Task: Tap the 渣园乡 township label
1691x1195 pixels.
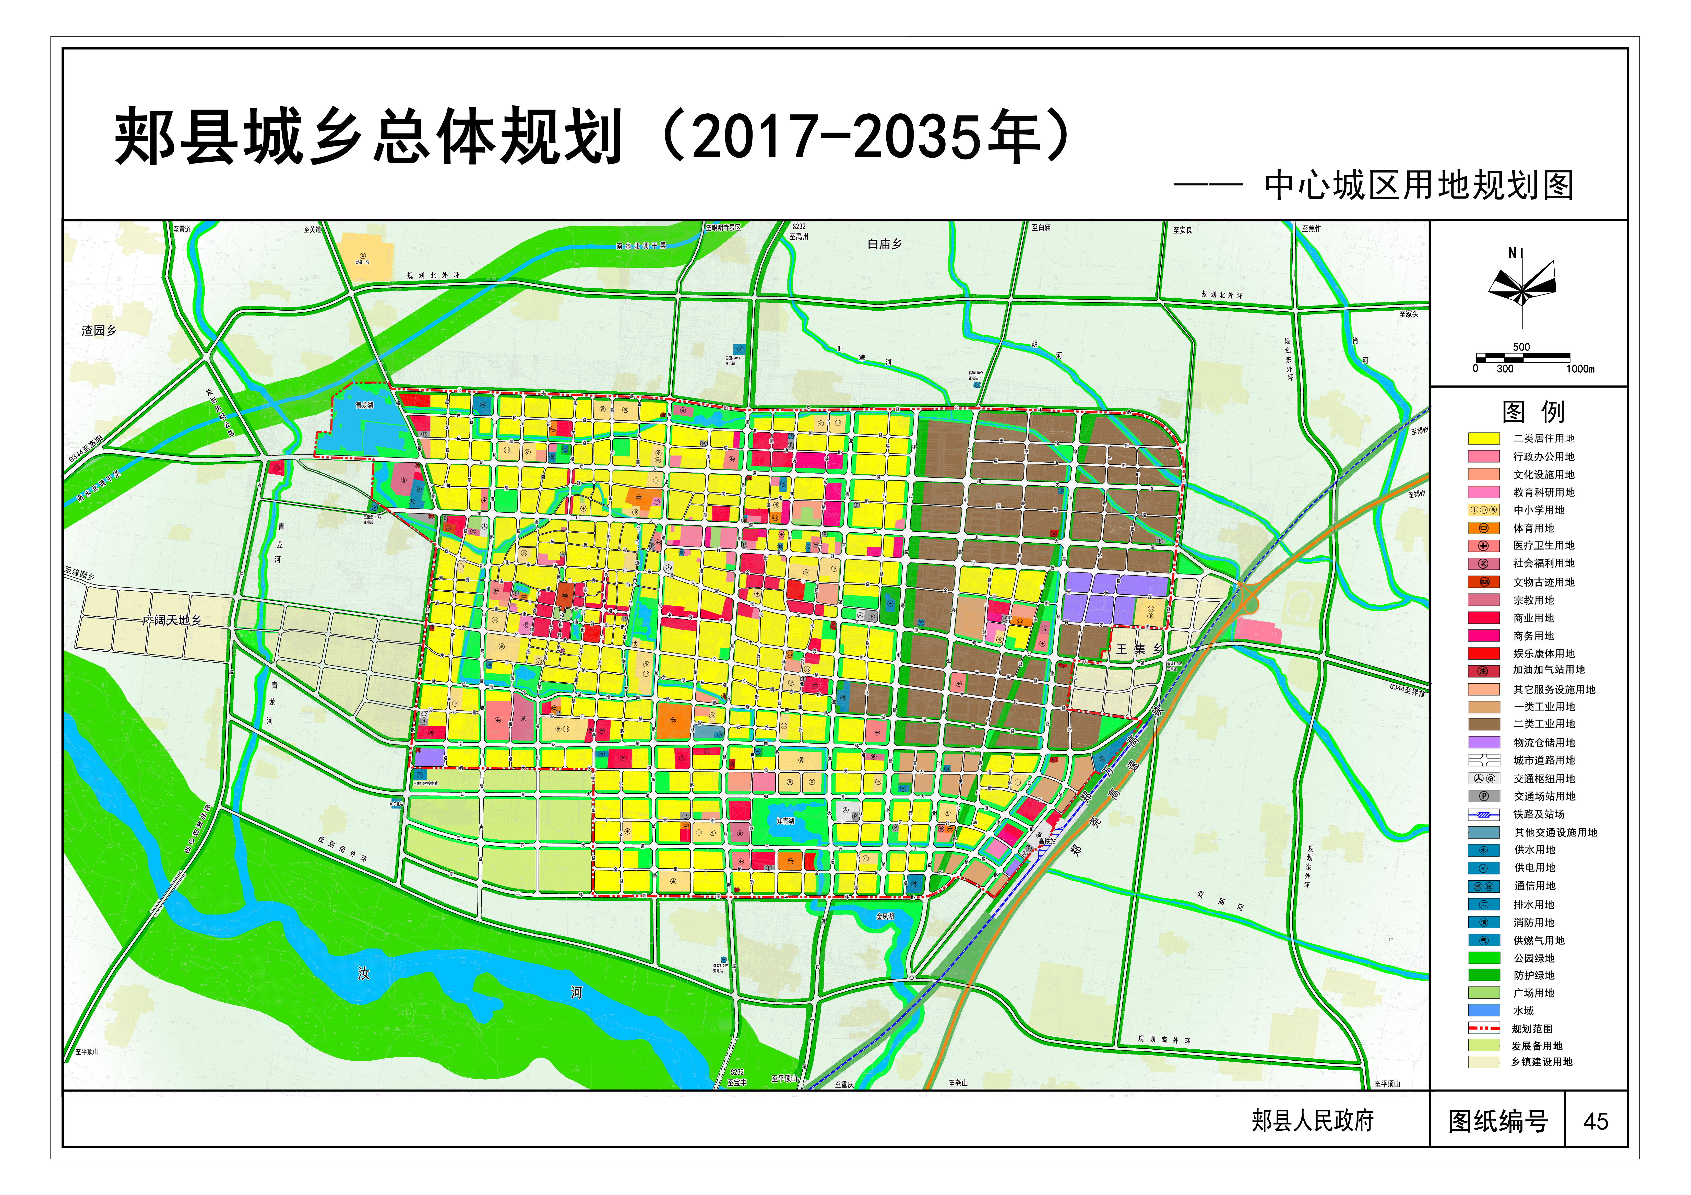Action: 99,331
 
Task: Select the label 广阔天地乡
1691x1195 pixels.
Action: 172,620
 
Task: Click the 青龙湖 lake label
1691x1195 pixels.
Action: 365,405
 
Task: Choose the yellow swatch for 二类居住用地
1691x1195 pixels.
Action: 1483,438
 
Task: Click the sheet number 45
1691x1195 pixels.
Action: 1595,1121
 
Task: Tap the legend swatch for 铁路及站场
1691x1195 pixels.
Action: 1483,814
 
